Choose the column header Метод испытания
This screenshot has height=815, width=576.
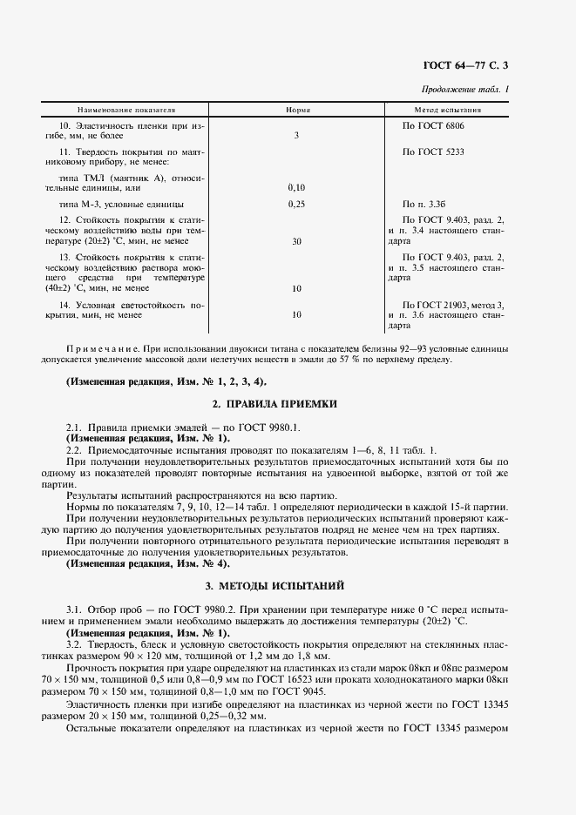(448, 111)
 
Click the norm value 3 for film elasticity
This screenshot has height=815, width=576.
(296, 136)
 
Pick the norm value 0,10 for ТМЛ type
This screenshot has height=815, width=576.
(296, 187)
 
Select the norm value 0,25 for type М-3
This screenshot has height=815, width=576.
(296, 204)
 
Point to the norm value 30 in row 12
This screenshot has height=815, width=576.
(296, 241)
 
